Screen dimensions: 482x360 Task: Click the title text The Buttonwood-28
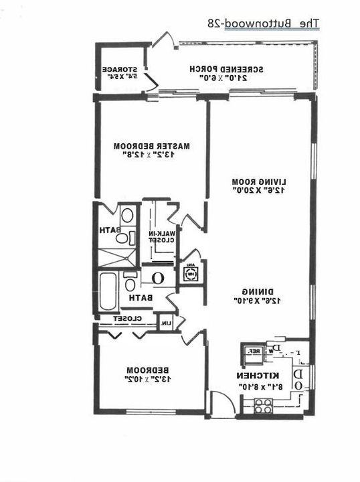tap(263, 24)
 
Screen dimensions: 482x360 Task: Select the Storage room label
tap(120, 69)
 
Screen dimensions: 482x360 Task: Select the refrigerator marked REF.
tap(254, 351)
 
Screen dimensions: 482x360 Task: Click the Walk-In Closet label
tap(163, 236)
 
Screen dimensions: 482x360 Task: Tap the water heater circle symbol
tap(159, 276)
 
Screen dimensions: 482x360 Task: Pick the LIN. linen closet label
tap(165, 323)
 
